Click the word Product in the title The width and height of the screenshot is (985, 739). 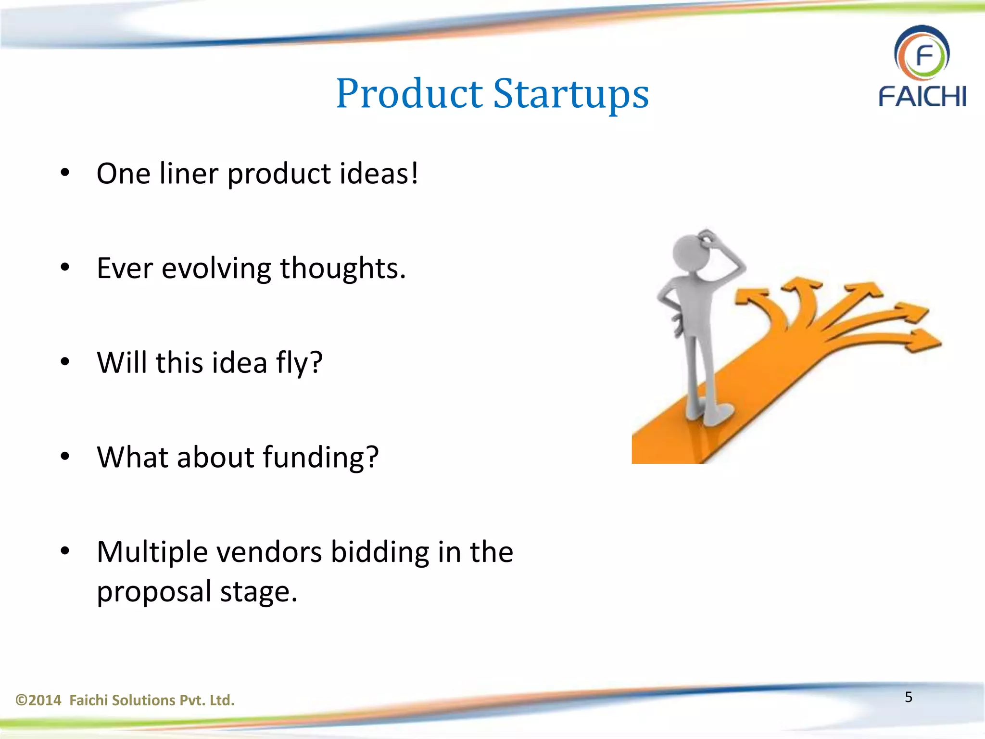409,94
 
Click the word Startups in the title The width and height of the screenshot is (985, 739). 571,94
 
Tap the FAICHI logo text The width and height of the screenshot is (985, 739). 922,96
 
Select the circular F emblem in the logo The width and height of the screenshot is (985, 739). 922,54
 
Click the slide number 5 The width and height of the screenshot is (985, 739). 908,697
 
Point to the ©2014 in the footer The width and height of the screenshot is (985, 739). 38,700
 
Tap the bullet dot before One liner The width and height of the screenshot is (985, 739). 65,173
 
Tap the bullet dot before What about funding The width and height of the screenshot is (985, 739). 65,456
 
